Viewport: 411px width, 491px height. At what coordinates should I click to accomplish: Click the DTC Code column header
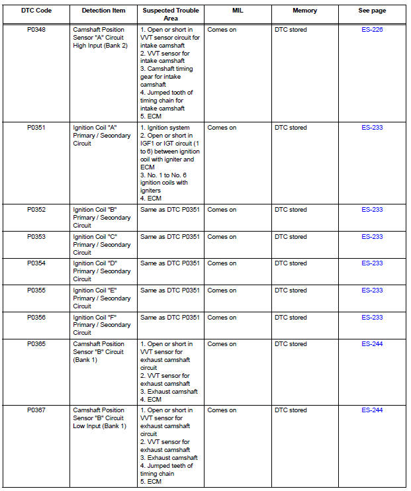[36, 11]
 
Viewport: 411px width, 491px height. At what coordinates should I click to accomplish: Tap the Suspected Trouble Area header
[170, 15]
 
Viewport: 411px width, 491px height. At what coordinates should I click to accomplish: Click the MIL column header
[238, 11]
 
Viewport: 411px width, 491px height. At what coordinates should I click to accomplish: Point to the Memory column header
[304, 11]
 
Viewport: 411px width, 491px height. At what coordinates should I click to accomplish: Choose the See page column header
[372, 11]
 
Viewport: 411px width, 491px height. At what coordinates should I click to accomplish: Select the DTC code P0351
[36, 128]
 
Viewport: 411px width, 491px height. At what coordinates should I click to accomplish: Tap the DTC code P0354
[36, 263]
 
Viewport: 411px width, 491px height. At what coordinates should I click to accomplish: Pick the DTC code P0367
[36, 410]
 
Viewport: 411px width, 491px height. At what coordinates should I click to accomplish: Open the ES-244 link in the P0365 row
[372, 344]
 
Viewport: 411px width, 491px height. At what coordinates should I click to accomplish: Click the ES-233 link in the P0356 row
[372, 318]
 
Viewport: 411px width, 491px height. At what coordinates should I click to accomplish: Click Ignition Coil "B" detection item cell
[102, 217]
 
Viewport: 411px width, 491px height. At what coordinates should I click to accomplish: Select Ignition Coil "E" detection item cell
[102, 298]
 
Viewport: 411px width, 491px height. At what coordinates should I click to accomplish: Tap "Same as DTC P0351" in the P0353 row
[170, 237]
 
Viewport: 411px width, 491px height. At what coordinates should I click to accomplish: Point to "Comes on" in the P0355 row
[222, 290]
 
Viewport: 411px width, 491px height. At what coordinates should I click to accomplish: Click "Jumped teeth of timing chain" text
[166, 470]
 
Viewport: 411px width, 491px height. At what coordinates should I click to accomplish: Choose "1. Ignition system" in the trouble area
[165, 128]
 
